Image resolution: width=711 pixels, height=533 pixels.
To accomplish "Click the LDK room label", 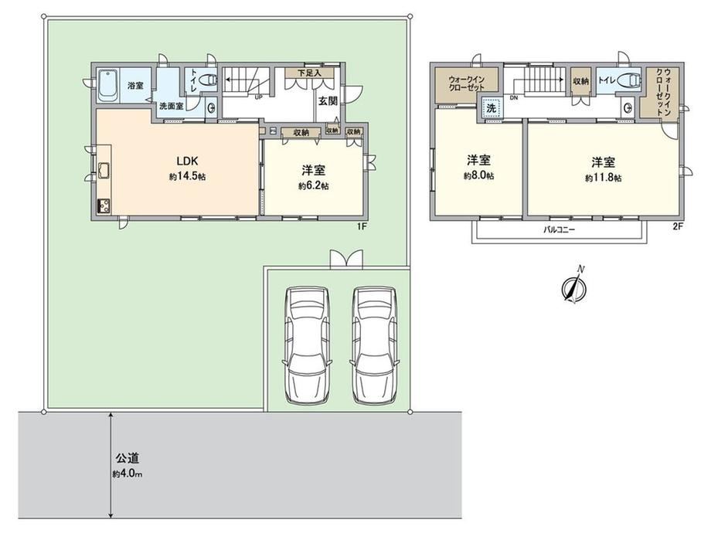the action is pos(187,161).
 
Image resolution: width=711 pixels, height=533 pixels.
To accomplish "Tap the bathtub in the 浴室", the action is pos(108,85).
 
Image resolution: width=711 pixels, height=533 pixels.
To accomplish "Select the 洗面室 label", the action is pos(171,107).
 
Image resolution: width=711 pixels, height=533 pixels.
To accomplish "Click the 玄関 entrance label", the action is pos(328,101).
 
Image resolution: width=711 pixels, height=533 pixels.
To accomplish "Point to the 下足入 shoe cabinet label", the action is pos(309,73).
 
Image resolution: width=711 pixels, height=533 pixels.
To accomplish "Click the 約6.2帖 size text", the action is pos(313,186).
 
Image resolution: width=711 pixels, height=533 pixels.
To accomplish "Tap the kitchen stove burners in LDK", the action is pos(103,205).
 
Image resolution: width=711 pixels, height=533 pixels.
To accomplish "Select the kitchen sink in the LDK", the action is pos(103,171).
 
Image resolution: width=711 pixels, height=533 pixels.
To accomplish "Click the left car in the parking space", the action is pos(307,345).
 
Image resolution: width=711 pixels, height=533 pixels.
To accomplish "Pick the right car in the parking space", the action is pos(375,345).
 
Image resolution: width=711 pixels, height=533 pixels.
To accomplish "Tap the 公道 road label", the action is pos(127,458).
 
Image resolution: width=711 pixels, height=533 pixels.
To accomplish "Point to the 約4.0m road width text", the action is pos(128,474).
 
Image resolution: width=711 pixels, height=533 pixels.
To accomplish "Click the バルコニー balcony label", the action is pos(559,229).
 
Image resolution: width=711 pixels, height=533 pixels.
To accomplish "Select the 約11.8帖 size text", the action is pos(603,178).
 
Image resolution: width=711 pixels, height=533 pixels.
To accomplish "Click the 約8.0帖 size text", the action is pos(479,176).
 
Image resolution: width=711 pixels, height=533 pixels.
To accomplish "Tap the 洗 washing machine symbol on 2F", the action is pos(491,109).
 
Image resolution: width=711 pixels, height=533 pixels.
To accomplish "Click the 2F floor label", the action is pos(678,226).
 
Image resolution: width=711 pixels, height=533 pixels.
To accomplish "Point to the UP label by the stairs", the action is pos(259,97).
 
